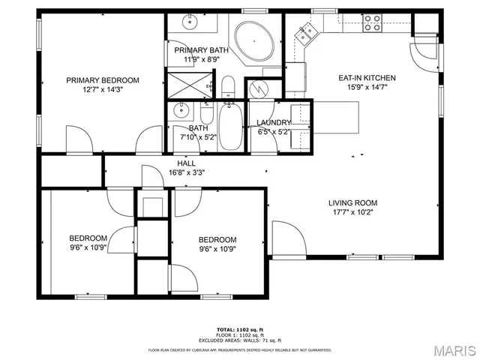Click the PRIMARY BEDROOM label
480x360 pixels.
tap(103, 80)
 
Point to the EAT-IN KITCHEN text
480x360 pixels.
tap(367, 77)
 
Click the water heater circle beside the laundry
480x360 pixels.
tap(259, 88)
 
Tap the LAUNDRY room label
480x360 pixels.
tap(274, 123)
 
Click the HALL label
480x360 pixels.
tap(187, 163)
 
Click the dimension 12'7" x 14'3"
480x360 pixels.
tap(103, 90)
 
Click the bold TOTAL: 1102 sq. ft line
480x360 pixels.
tap(240, 329)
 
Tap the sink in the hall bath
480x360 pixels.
tap(181, 112)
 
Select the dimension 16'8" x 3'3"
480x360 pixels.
tap(187, 172)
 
